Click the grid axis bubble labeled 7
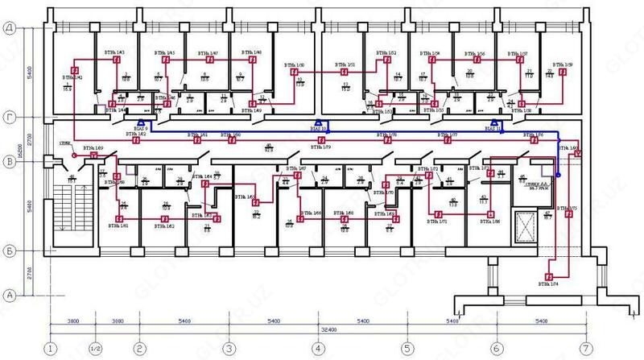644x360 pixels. pos(584,350)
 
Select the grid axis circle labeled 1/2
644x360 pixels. pos(95,350)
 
